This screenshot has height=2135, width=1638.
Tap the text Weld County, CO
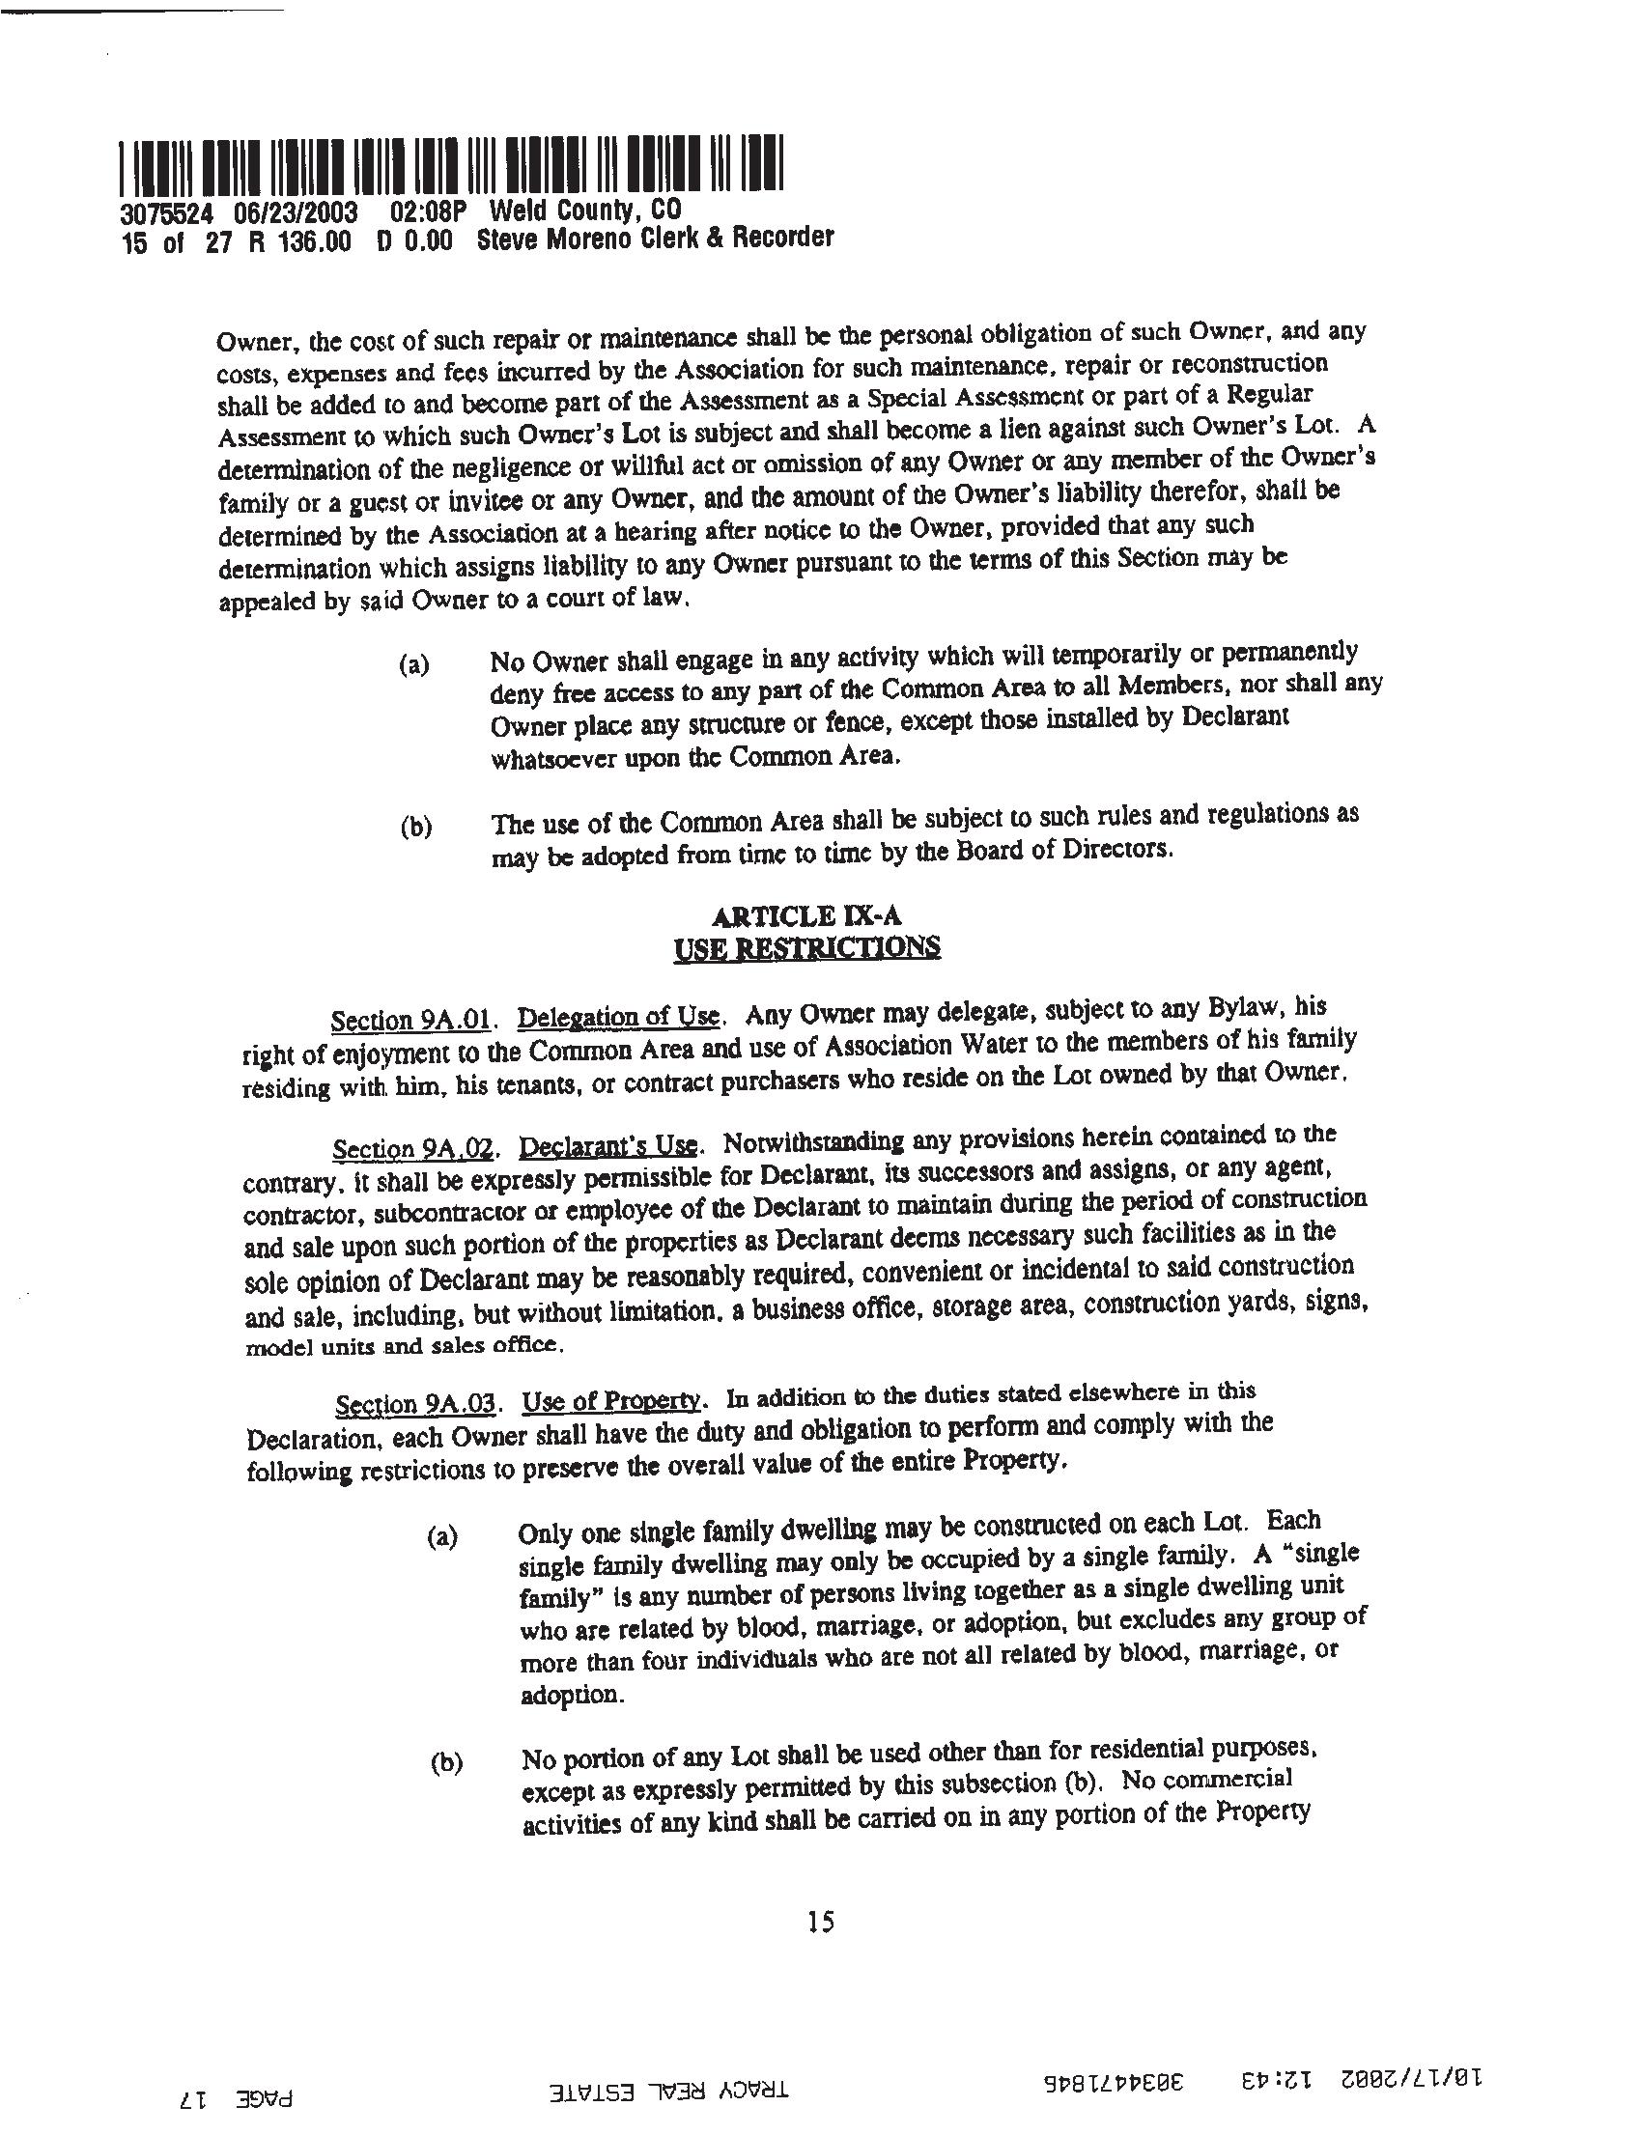pos(585,211)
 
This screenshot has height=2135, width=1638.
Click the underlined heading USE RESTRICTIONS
pos(807,947)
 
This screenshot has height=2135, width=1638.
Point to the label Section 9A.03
pos(417,1406)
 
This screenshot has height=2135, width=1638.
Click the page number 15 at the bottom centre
pos(821,1921)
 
